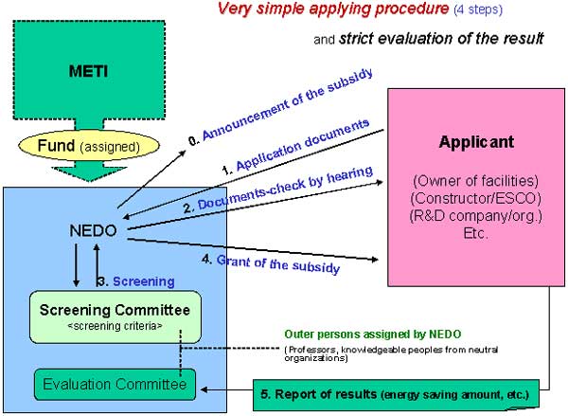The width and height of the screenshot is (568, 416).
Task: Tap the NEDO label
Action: (x=93, y=230)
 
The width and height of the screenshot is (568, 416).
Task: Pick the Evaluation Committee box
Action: (x=115, y=387)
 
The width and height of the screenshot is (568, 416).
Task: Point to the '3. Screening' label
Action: (x=136, y=281)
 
